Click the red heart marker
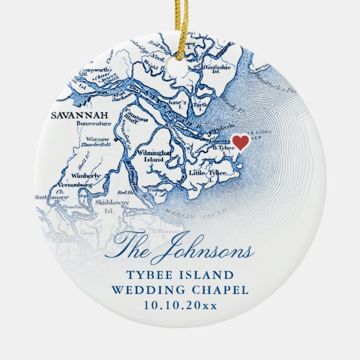pos(240,142)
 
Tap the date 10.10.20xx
pos(180,305)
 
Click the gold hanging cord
pos(180,25)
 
